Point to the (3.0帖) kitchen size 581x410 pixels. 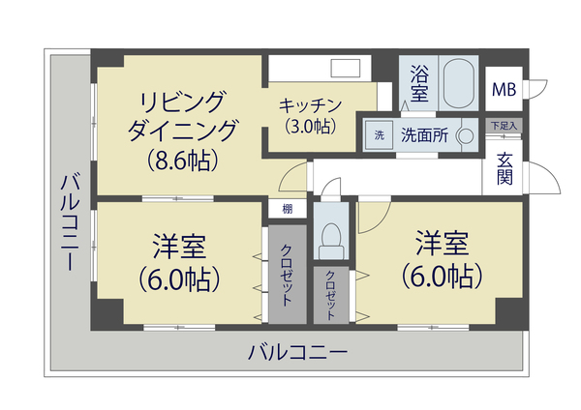point(310,125)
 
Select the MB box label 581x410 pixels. point(504,90)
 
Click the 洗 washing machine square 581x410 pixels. point(379,135)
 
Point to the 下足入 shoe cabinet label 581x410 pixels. point(503,125)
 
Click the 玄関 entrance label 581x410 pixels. point(505,170)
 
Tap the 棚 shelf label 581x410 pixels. point(288,209)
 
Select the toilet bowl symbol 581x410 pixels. point(330,238)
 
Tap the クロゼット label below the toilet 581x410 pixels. point(330,295)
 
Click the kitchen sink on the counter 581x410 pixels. point(345,70)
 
